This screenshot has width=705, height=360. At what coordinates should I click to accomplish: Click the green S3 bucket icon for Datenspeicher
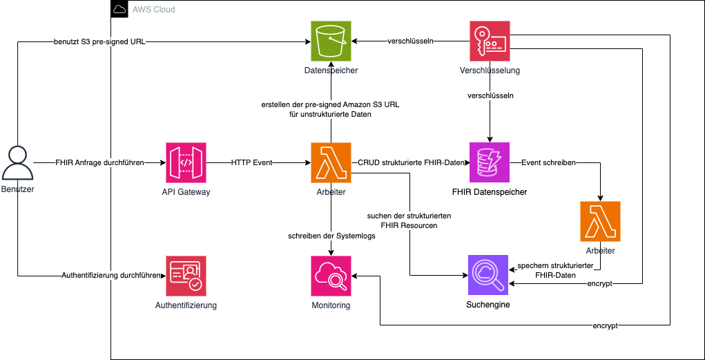(331, 41)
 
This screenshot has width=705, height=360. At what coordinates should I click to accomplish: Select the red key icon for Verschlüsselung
(490, 41)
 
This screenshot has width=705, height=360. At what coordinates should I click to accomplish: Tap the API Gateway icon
(186, 163)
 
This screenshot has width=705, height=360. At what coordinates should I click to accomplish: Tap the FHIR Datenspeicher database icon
(490, 163)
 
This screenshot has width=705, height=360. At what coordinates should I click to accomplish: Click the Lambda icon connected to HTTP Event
(331, 163)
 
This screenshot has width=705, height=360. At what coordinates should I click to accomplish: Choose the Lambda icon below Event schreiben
(600, 221)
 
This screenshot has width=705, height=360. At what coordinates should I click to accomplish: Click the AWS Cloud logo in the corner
(119, 10)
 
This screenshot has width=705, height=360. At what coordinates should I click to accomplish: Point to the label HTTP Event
(251, 163)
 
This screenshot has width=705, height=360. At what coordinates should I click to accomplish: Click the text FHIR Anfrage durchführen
(100, 163)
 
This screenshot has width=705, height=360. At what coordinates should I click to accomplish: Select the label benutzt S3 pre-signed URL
(100, 41)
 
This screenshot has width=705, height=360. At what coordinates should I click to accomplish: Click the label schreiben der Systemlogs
(331, 236)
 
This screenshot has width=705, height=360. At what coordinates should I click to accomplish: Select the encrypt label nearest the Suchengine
(600, 284)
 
